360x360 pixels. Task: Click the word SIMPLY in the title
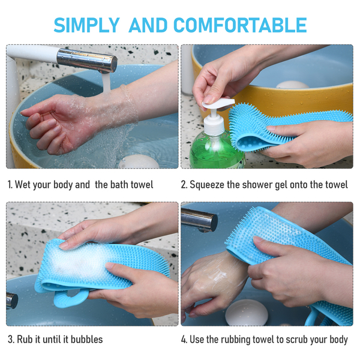tap(87, 25)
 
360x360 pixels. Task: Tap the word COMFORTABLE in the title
tap(240, 25)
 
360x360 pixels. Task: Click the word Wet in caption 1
tap(23, 185)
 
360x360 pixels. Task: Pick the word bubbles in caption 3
tap(86, 340)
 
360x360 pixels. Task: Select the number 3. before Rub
tap(11, 340)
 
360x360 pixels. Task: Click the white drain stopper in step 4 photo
tap(247, 313)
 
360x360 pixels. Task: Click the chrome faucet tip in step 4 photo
tap(199, 220)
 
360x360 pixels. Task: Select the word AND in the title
tap(148, 25)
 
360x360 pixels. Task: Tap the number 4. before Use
tap(184, 340)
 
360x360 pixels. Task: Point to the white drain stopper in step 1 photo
tap(139, 162)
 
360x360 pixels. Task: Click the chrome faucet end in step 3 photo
tap(12, 301)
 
